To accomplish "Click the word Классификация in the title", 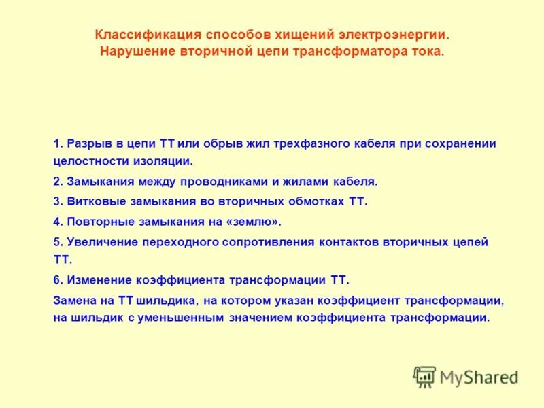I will point(137,34).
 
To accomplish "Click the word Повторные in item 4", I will point(97,222).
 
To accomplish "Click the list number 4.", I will point(57,222).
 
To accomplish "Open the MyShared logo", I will point(465,377).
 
